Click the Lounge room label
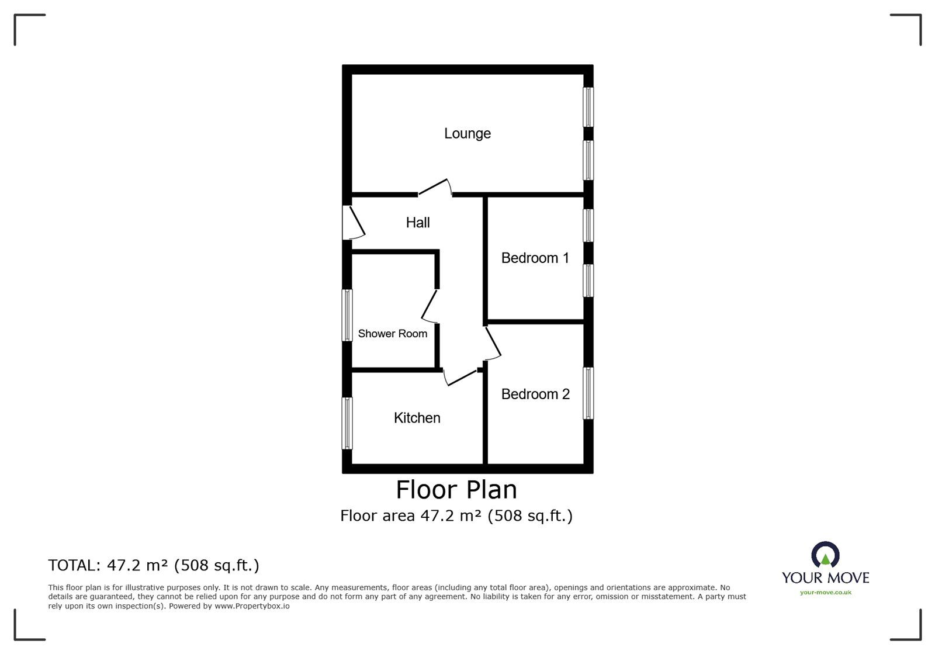coord(467,133)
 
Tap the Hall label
coord(418,222)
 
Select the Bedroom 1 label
coord(535,258)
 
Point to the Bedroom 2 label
coord(535,394)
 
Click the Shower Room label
coord(392,334)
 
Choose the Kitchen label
coord(417,418)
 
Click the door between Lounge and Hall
coord(435,188)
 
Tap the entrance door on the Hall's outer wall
coord(352,223)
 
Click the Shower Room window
coord(347,315)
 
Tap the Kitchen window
coord(347,423)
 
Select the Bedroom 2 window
coord(588,393)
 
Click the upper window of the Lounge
coord(588,107)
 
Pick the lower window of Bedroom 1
coord(588,281)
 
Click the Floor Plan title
coord(456,490)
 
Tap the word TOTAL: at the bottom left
coord(74,565)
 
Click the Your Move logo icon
coord(825,555)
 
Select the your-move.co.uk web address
coord(825,593)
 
